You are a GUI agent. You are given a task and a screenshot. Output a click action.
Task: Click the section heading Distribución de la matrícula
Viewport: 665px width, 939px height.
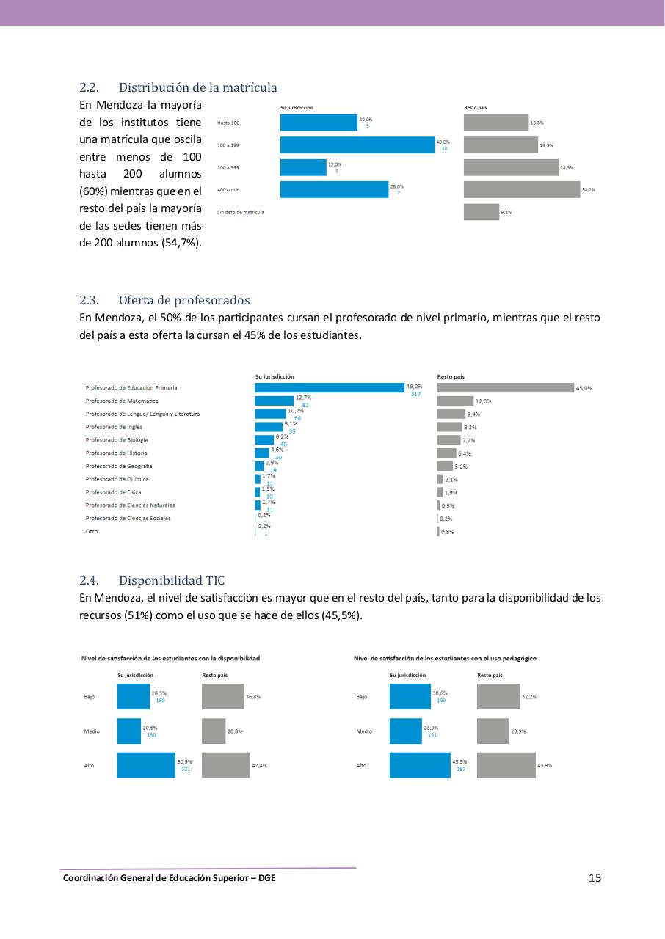coord(197,88)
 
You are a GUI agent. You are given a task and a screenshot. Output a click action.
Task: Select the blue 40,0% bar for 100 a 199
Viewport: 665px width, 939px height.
coord(357,145)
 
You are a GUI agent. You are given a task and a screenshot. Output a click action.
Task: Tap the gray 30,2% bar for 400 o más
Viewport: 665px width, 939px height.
coord(521,190)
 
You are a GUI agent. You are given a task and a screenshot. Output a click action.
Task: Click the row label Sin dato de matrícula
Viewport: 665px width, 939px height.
coord(241,212)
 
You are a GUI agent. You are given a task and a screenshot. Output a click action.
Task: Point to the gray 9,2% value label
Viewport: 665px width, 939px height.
coord(506,212)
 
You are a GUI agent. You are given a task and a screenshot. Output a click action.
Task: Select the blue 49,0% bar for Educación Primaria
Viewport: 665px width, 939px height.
coord(330,388)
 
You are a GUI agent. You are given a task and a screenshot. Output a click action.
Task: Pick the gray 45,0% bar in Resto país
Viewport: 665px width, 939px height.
coord(505,388)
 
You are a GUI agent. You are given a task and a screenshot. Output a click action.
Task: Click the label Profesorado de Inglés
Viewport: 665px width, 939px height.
coord(114,427)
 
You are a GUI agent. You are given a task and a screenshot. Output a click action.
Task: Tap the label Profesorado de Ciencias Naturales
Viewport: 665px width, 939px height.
coord(130,505)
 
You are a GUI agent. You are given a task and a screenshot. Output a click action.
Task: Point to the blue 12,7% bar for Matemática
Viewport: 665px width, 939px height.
coord(274,401)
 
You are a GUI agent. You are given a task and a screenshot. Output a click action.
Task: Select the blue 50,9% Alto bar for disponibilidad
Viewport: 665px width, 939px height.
coord(146,765)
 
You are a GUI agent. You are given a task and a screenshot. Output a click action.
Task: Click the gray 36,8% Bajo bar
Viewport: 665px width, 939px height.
coord(222,696)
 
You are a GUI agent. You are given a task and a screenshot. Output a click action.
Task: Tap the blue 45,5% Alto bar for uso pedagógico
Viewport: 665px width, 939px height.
coord(420,765)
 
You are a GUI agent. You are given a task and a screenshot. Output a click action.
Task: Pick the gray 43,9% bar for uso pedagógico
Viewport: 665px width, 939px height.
coord(506,765)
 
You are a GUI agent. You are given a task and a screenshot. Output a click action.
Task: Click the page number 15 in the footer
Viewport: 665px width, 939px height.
coord(595,878)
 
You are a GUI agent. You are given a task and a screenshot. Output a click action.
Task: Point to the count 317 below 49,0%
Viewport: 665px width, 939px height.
coord(415,395)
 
